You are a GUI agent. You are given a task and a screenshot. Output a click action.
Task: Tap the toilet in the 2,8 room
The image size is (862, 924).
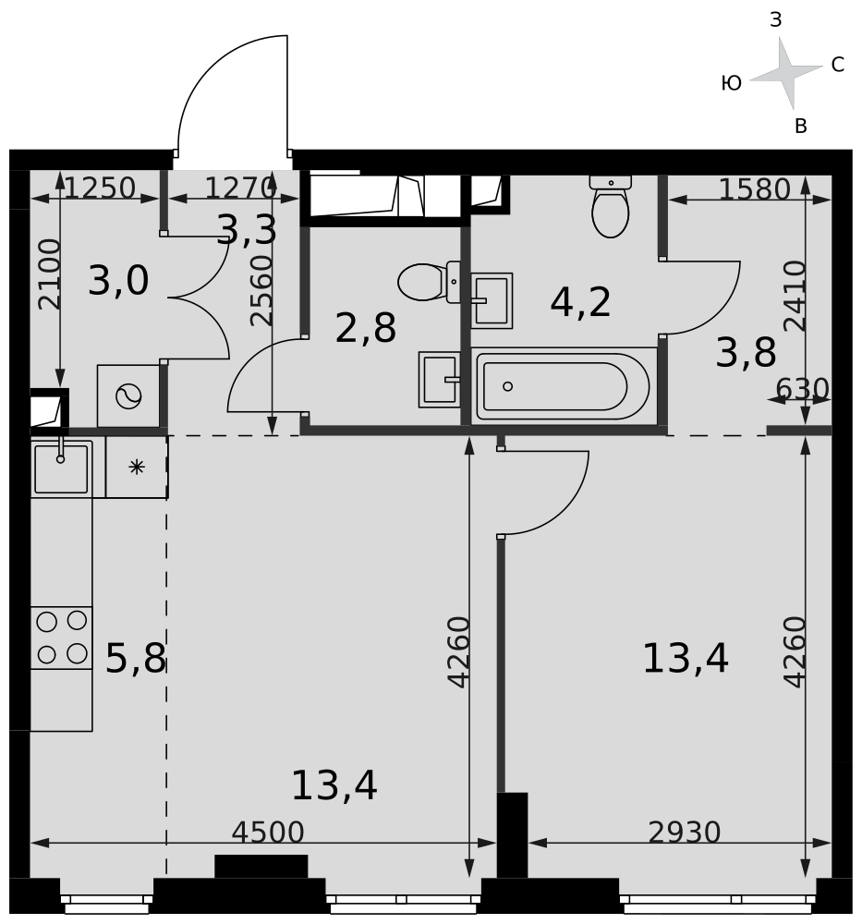(x=430, y=282)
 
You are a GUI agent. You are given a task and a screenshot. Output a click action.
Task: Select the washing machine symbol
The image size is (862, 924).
(x=128, y=396)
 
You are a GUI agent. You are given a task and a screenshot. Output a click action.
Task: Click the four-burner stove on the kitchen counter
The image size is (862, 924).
(x=61, y=638)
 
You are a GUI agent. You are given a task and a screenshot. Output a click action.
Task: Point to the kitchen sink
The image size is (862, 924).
(x=61, y=468)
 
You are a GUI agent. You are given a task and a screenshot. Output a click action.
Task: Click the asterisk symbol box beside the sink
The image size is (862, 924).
(x=137, y=468)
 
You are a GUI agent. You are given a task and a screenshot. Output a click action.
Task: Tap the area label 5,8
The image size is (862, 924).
(x=136, y=658)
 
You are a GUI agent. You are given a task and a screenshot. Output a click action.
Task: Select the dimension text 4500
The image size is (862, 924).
(x=268, y=833)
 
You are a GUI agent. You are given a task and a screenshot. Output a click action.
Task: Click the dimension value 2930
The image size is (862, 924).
(x=684, y=833)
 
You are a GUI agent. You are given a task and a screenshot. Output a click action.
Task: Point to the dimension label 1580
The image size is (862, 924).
(x=754, y=189)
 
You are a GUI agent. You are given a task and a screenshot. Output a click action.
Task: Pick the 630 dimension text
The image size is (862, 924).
(x=802, y=389)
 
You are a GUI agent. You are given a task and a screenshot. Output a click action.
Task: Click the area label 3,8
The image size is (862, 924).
(x=746, y=353)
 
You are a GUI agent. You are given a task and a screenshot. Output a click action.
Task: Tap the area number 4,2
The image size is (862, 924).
(x=580, y=302)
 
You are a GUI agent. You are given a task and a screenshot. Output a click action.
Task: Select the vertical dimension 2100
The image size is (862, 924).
(x=49, y=274)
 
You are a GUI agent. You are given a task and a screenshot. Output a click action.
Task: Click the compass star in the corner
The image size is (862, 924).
(x=786, y=73)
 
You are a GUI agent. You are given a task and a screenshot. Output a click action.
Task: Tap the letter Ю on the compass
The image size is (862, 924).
(x=731, y=84)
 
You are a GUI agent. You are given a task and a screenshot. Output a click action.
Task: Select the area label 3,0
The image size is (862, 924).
(x=118, y=281)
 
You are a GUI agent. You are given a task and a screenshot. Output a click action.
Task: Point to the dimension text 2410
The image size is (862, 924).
(x=795, y=296)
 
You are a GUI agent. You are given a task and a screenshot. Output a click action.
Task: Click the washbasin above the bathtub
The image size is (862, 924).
(x=492, y=300)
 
